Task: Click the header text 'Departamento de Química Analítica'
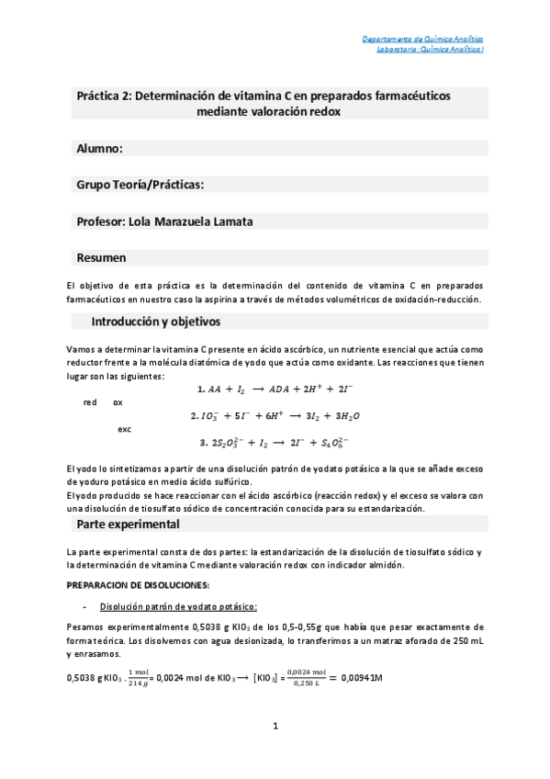point(421,40)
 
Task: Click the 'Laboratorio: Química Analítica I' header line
point(429,50)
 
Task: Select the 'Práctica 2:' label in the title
point(103,96)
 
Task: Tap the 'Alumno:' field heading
point(99,148)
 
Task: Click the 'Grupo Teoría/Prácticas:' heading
point(140,185)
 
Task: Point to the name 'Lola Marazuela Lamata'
point(198,221)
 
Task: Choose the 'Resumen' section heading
point(101,258)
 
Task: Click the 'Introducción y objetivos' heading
point(155,322)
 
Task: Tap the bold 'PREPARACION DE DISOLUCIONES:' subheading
point(139,585)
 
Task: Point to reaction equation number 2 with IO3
point(275,416)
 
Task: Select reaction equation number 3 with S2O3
point(279,442)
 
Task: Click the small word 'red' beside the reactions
point(90,402)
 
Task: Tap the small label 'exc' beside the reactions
point(125,429)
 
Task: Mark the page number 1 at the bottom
point(275,727)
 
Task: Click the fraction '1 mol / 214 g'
point(141,677)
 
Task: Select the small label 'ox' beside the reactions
point(118,402)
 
